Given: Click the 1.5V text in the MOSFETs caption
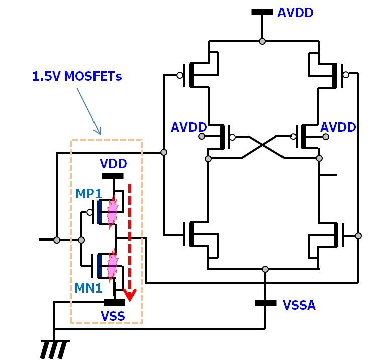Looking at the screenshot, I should (x=46, y=76).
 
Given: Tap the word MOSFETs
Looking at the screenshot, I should (x=93, y=76).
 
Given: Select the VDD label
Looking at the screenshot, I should (x=113, y=164).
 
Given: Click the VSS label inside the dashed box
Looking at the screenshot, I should (x=113, y=316).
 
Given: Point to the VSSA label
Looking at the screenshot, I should (x=299, y=305).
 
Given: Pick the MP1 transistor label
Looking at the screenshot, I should (x=88, y=194).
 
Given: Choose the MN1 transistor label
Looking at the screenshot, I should (x=88, y=288).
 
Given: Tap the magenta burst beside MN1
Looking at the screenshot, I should (x=113, y=265).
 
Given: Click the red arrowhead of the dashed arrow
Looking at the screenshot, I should (x=130, y=296).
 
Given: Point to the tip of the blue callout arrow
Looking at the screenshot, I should (x=100, y=134).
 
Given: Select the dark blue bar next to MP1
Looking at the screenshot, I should (x=100, y=212).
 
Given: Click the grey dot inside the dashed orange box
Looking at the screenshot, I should (x=81, y=240).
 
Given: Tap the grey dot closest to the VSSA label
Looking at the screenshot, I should (x=265, y=269).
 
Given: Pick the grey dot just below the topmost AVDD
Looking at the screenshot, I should (x=262, y=41).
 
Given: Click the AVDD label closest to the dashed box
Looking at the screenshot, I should (x=189, y=127).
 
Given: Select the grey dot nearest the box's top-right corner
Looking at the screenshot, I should (x=164, y=152).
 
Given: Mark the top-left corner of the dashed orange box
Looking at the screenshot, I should (x=71, y=140).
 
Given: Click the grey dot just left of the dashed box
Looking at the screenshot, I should (x=57, y=240).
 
